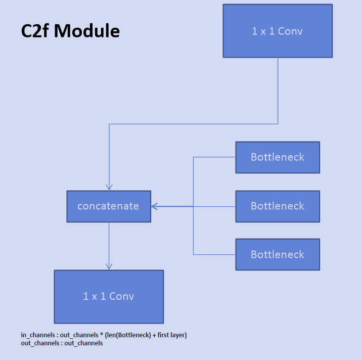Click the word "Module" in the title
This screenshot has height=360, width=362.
[x=87, y=31]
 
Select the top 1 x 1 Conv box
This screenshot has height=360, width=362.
[x=278, y=31]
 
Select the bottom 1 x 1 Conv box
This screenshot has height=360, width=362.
[x=109, y=296]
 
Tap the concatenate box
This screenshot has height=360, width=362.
[x=109, y=206]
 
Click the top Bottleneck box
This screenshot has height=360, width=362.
[x=278, y=157]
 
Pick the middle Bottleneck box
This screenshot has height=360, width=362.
[x=278, y=206]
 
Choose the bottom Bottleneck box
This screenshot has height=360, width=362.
[x=278, y=254]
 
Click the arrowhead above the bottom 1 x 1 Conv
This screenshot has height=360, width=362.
[x=109, y=266]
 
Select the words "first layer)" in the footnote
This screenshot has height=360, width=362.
[x=170, y=335]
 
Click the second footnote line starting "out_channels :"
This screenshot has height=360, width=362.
[x=62, y=343]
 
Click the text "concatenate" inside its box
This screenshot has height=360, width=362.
[x=108, y=206]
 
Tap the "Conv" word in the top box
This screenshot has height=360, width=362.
[x=291, y=31]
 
